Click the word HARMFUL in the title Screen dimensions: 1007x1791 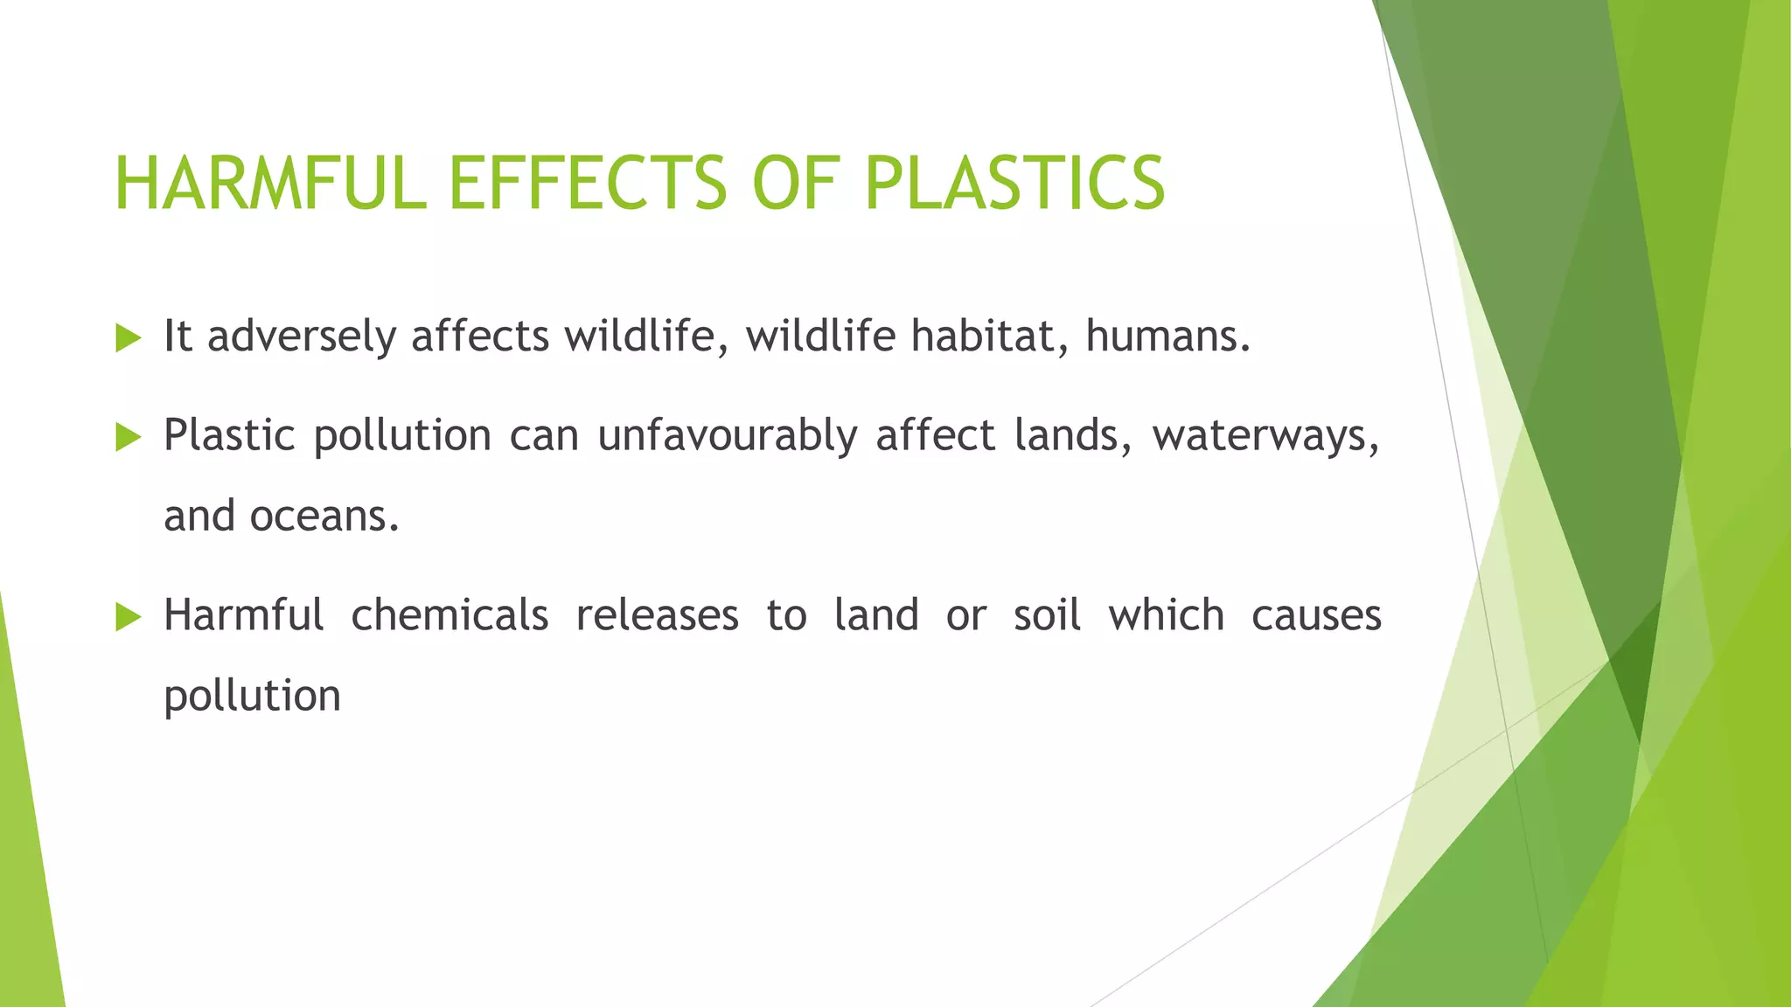point(269,183)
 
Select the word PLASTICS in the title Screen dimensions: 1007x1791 point(1014,183)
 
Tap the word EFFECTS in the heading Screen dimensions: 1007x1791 point(587,183)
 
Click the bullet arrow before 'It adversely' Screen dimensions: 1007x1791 point(128,338)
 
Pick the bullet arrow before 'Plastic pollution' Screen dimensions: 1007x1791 point(128,437)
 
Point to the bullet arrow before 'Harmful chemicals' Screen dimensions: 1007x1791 point(128,617)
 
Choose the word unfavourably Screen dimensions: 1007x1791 point(727,435)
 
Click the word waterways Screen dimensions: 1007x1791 point(1265,435)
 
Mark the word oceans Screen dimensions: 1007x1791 point(324,517)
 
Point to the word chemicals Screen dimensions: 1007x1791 point(449,615)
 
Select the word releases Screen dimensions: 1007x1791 point(657,615)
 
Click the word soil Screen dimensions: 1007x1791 point(1047,615)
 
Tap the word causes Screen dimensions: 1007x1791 point(1316,615)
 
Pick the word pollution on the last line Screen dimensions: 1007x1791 point(252,697)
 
